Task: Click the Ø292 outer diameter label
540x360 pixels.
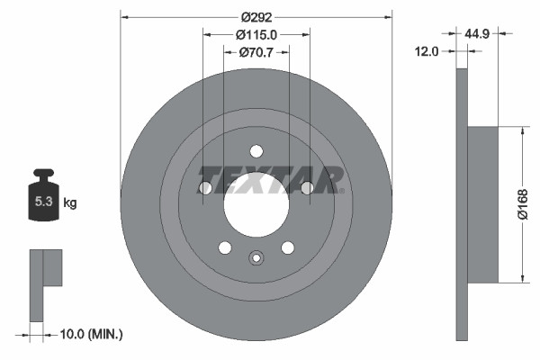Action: click(256, 15)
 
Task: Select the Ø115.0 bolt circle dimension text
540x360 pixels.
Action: click(256, 34)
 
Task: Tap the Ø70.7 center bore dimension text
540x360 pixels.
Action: click(256, 52)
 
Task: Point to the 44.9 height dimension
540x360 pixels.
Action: click(477, 34)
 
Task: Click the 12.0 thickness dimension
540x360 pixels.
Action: click(427, 51)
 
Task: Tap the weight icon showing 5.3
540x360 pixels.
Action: click(42, 199)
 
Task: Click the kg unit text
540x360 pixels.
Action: click(70, 203)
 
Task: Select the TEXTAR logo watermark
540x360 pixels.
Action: click(270, 179)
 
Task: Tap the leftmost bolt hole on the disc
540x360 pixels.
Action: click(205, 187)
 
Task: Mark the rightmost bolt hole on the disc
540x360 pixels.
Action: click(307, 187)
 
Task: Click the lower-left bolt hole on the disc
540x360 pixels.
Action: click(225, 247)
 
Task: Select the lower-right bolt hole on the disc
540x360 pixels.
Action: click(288, 247)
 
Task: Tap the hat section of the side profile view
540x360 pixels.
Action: click(482, 204)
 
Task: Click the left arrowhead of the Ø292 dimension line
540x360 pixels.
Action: click(124, 15)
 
